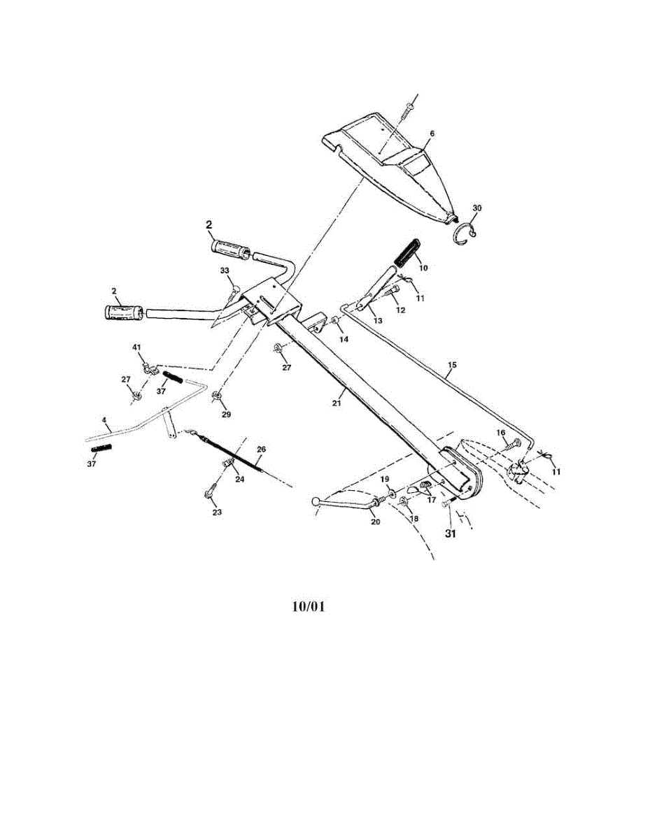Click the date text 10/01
tap(308, 606)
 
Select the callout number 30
tap(477, 208)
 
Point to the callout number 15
tap(452, 365)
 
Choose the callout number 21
tap(337, 403)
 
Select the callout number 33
tap(225, 271)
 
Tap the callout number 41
tap(136, 347)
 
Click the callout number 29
tap(226, 415)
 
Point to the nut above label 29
tap(217, 397)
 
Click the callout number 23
tap(217, 512)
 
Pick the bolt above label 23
tap(210, 493)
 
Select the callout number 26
tap(261, 449)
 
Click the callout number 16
tap(500, 433)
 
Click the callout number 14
tap(343, 338)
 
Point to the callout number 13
tap(378, 320)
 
